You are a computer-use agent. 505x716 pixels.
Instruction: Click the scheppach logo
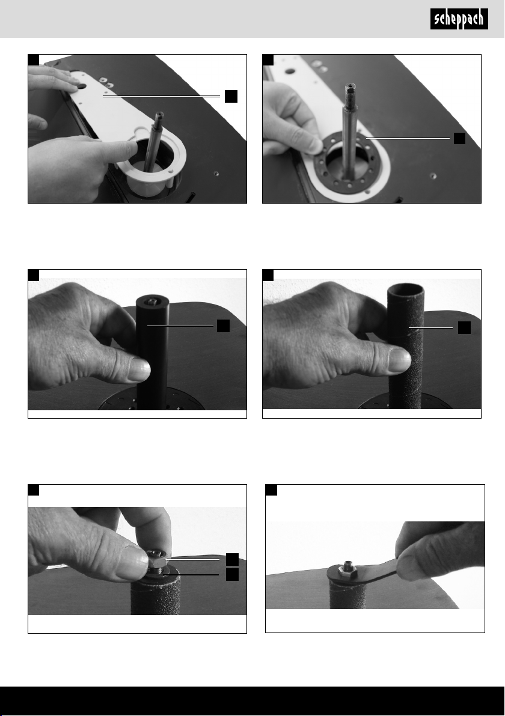coord(459,19)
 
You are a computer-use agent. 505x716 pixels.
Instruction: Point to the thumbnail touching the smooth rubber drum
coord(138,369)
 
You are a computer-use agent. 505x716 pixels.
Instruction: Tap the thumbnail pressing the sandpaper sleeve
coord(399,360)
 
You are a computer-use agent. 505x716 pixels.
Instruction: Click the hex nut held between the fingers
coord(158,559)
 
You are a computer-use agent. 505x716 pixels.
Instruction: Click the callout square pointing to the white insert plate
coord(231,96)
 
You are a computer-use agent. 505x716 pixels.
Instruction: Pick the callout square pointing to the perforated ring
coord(459,138)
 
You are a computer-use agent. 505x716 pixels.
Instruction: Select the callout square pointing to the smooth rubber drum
coord(223,326)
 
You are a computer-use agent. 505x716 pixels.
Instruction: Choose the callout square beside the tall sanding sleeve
coord(464,327)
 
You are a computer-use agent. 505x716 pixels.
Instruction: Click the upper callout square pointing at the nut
coord(232,559)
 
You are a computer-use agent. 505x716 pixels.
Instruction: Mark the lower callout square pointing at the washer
coord(232,574)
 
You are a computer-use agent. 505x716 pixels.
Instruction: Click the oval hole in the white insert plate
coord(81,85)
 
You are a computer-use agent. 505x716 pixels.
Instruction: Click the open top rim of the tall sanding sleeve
coord(405,289)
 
